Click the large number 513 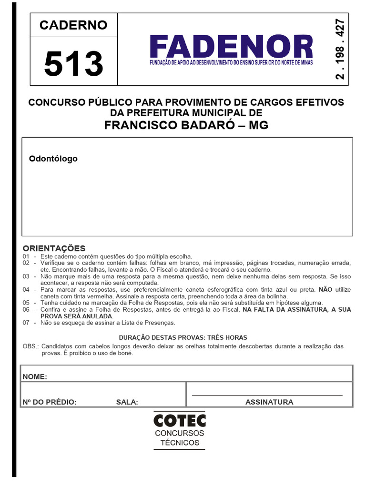click(x=73, y=63)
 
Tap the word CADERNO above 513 click(x=73, y=25)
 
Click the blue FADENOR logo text click(x=231, y=47)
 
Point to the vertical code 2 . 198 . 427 click(x=340, y=49)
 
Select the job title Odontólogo click(x=53, y=159)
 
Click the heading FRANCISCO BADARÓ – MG click(x=186, y=125)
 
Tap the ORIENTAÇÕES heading click(x=54, y=248)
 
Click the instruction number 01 click(x=26, y=256)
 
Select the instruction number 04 click(x=26, y=289)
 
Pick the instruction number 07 click(x=26, y=323)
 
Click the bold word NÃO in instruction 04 click(x=325, y=289)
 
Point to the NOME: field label click(x=35, y=377)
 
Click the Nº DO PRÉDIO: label click(x=50, y=402)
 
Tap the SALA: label click(x=127, y=402)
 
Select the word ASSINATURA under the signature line click(x=269, y=402)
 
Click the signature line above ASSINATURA click(x=267, y=395)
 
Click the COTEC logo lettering click(x=180, y=420)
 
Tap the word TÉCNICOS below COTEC click(x=180, y=443)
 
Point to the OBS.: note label click(x=31, y=346)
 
